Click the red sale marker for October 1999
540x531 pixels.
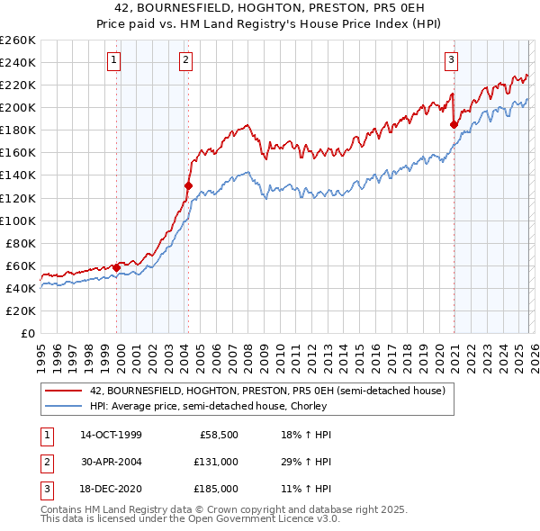click(x=116, y=267)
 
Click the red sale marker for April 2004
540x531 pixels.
click(x=188, y=185)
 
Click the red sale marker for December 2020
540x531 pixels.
click(x=454, y=125)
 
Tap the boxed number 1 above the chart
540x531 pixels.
click(x=114, y=60)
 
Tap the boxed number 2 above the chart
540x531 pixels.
click(x=184, y=60)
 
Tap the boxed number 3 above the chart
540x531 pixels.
click(x=451, y=60)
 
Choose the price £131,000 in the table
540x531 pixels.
click(x=215, y=462)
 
